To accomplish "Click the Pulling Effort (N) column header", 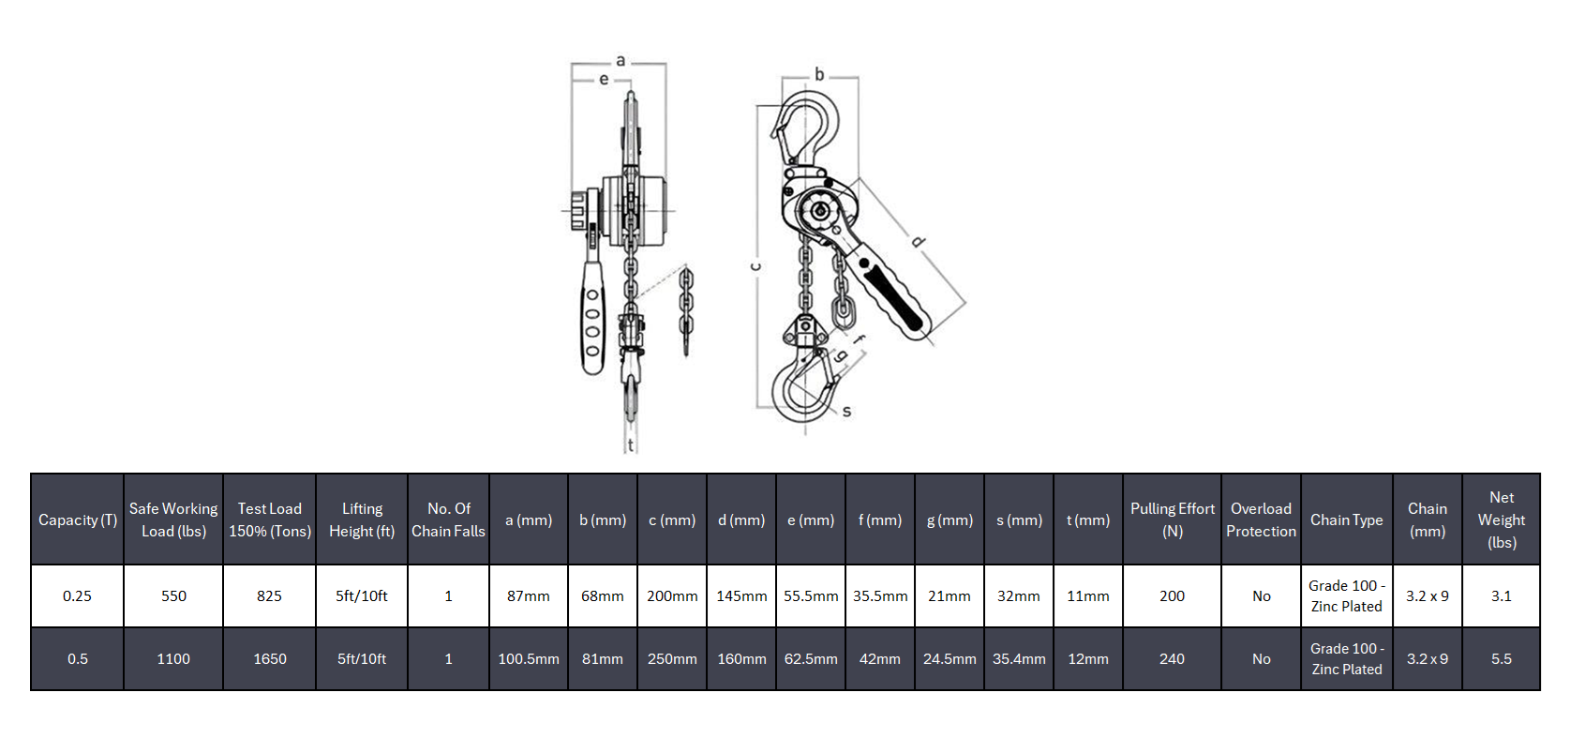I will pos(1172,520).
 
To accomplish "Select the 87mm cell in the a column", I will pos(528,596).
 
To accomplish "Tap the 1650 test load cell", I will pos(269,659).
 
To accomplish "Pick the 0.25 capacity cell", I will pos(77,596).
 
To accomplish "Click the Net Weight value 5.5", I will pos(1501,659).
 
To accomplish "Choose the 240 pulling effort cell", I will pos(1172,659).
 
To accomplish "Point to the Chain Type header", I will pos(1346,520).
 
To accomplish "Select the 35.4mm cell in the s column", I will pos(1019,659).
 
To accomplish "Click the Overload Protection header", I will pos(1261,520).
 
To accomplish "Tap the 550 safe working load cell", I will pos(173,596).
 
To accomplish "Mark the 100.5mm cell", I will pos(528,659).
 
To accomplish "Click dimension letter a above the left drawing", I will pos(621,61).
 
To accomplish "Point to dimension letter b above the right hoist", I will pos(819,74).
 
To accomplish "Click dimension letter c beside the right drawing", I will pos(755,266).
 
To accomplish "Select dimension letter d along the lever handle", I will pos(918,242).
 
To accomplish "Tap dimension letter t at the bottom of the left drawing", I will pos(631,444).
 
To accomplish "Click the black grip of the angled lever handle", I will pos(894,298).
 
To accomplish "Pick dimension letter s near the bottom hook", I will pos(846,411).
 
